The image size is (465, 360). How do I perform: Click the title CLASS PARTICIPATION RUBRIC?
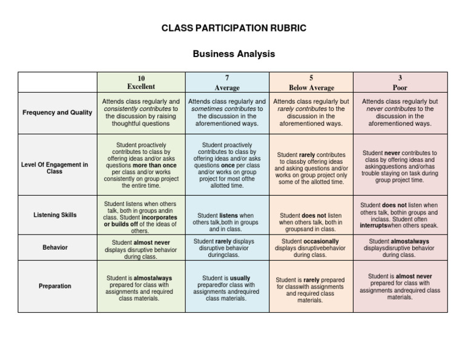233,28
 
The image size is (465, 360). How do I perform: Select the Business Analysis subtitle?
233,54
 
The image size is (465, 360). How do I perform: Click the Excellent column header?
140,87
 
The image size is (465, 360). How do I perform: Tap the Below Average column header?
311,87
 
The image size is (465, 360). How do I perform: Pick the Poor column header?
400,87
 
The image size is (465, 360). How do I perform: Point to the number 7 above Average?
226,78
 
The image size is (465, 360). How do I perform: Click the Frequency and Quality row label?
58,112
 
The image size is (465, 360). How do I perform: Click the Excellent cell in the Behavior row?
140,249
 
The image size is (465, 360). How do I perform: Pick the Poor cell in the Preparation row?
400,287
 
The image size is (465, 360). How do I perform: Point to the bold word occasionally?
321,241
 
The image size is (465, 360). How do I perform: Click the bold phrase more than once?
154,165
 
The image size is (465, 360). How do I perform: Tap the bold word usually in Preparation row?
240,278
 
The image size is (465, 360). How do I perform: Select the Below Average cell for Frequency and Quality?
311,112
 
